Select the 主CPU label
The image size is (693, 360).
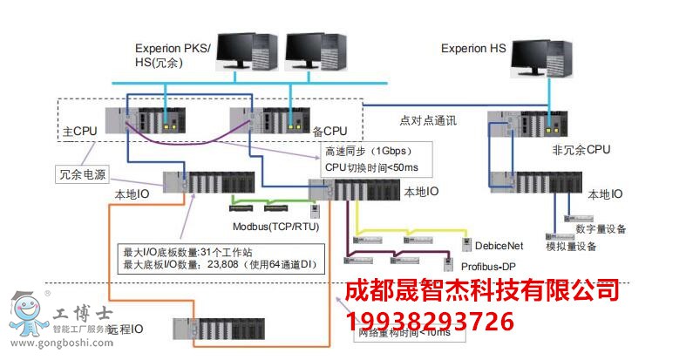(x=80, y=131)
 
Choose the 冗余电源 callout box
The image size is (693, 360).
(x=84, y=173)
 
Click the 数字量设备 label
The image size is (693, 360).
(x=601, y=228)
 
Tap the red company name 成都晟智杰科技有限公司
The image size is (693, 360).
(x=482, y=290)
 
